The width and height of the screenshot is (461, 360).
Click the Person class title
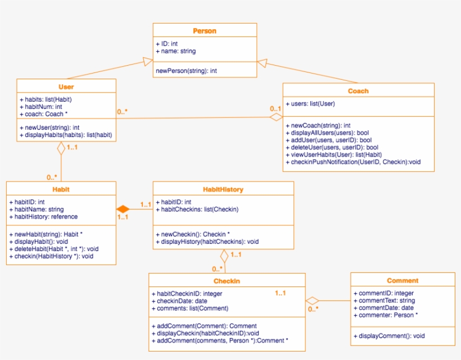tap(205, 31)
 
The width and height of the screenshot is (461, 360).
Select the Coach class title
tap(358, 91)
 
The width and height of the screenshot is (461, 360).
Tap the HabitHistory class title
tap(223, 189)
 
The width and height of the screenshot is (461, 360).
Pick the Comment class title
tap(403, 280)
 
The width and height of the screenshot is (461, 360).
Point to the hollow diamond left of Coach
tap(275, 117)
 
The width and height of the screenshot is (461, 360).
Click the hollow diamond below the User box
tap(61, 148)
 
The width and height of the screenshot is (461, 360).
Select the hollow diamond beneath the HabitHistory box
tap(224, 256)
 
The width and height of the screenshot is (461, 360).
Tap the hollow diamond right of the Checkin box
tap(313, 300)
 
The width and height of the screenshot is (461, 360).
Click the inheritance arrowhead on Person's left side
tap(148, 61)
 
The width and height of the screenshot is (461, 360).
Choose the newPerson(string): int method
tap(186, 71)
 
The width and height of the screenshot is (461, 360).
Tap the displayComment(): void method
tap(389, 336)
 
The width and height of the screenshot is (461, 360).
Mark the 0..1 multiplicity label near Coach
tap(275, 108)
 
